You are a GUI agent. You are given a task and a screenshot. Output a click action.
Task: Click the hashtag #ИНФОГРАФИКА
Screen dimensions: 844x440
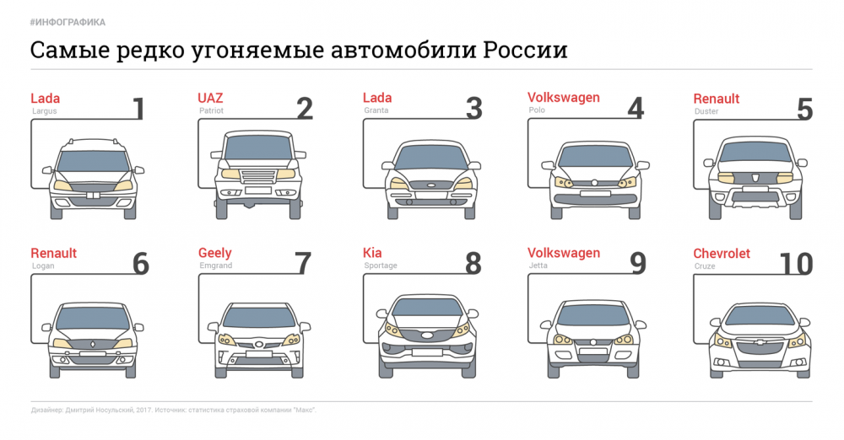tap(68, 22)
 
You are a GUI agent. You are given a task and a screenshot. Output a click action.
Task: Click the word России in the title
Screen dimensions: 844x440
tap(525, 50)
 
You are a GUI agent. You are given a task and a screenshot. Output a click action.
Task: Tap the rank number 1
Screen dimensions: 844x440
tap(139, 109)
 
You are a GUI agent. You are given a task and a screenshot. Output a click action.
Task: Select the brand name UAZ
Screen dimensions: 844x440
tap(210, 98)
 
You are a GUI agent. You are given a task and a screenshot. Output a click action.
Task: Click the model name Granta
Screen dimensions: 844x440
tap(376, 110)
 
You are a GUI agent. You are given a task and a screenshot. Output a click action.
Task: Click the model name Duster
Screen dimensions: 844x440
tap(706, 111)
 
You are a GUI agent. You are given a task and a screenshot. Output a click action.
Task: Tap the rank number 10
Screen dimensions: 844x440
tap(796, 264)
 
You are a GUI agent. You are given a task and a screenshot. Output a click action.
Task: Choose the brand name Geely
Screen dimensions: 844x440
tap(214, 254)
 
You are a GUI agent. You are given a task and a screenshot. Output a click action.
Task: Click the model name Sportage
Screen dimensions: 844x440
tap(381, 266)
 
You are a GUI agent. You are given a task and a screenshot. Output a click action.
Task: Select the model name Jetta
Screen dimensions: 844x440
tap(538, 266)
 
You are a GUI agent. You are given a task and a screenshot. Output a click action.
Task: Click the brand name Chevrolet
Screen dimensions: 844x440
tap(722, 254)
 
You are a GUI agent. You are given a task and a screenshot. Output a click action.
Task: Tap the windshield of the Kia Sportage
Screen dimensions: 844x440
tap(427, 308)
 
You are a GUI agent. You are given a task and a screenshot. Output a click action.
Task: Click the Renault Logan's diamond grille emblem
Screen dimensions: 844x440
tap(93, 343)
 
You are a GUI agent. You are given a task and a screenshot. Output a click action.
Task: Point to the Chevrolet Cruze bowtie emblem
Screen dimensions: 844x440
tap(760, 342)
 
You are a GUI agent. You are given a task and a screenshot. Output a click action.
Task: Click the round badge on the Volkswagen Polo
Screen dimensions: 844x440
tap(595, 183)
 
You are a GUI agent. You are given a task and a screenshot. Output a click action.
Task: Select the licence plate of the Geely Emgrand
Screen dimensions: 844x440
tap(259, 354)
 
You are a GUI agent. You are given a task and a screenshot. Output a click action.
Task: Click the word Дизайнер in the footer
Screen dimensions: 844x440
tap(46, 410)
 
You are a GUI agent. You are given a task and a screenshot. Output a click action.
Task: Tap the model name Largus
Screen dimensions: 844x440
tap(44, 111)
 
